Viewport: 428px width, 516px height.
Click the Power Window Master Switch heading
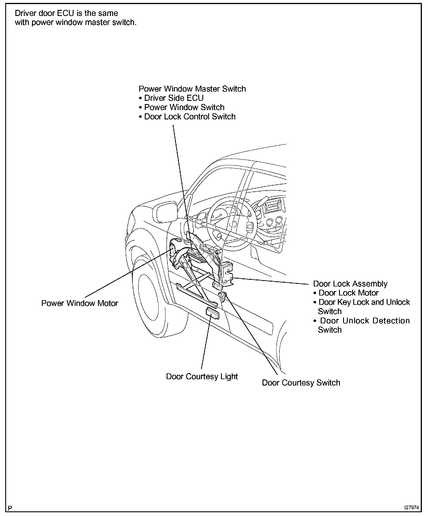tap(192, 89)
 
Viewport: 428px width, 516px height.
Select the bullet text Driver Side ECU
tap(174, 98)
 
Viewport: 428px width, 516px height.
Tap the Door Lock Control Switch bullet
tap(190, 117)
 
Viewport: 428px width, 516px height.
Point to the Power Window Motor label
tap(80, 303)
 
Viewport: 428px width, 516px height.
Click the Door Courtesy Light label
tap(202, 377)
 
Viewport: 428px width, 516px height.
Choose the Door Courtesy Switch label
tap(301, 383)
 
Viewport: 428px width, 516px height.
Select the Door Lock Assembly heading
tap(350, 284)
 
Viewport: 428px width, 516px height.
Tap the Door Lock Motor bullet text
tap(349, 293)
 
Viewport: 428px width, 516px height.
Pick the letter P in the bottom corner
tap(10, 508)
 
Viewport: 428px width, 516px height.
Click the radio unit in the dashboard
tap(272, 207)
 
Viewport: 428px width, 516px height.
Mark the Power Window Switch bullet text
tap(184, 107)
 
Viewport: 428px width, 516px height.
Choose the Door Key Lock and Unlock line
tap(364, 302)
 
